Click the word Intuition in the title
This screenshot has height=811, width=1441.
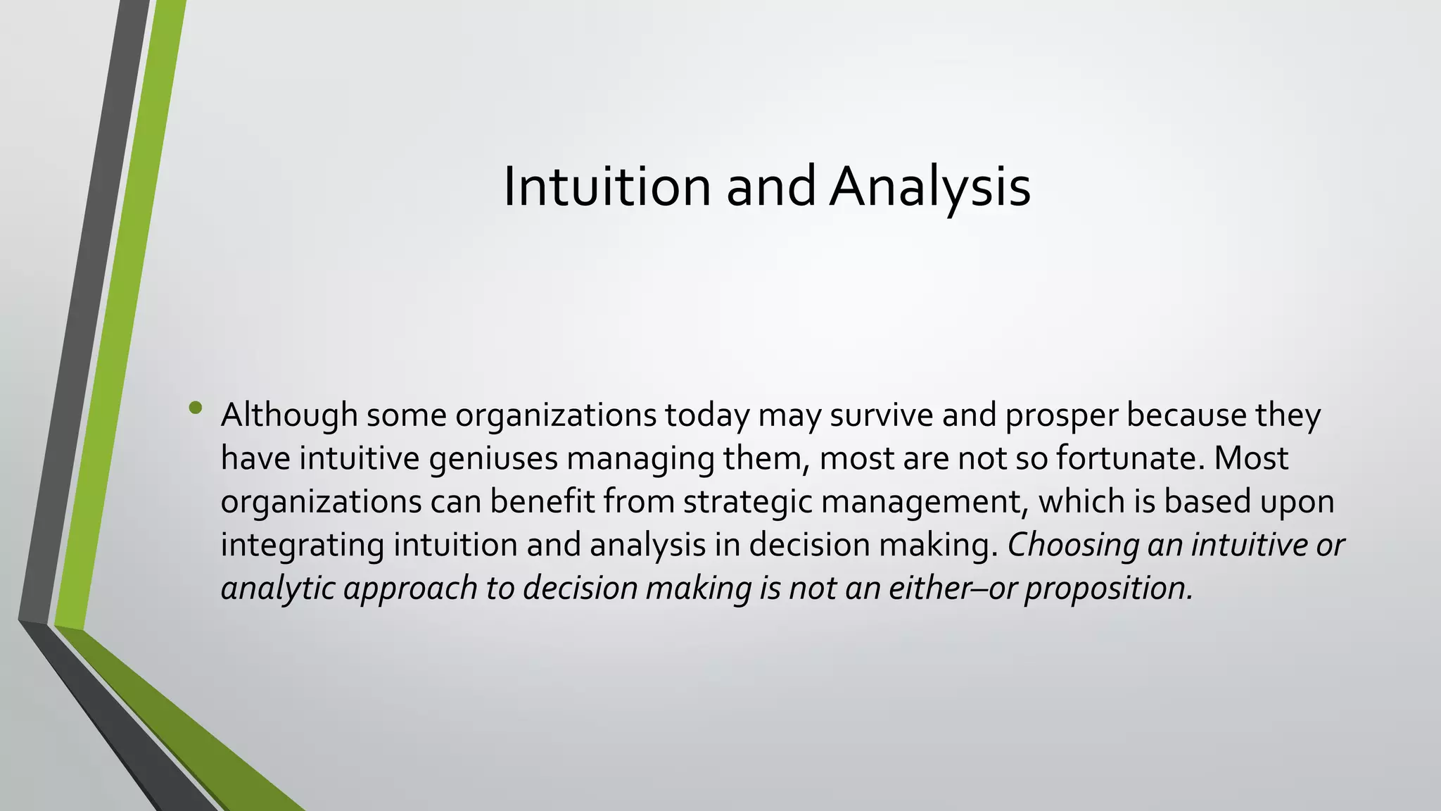[607, 187]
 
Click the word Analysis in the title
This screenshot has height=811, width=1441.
[929, 187]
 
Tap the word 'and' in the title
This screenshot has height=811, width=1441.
[770, 187]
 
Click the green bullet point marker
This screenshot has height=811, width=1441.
[196, 408]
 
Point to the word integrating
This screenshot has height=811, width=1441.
[303, 546]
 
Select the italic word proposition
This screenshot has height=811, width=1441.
[1109, 589]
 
